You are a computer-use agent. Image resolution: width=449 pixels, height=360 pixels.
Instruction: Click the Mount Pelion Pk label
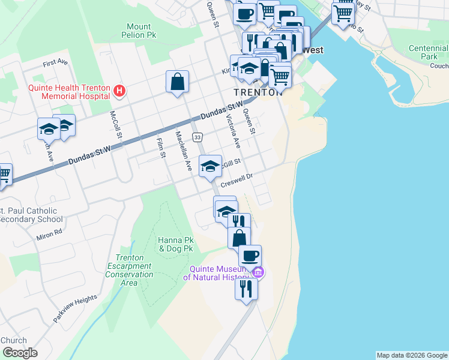click(x=139, y=31)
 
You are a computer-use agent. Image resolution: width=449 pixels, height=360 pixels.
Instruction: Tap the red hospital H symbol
click(x=119, y=91)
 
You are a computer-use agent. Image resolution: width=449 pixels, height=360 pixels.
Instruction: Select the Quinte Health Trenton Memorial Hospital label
click(x=68, y=91)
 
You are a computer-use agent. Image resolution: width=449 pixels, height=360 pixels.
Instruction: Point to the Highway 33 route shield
click(x=197, y=138)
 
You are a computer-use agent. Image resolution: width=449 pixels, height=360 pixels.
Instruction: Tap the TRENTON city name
click(x=258, y=93)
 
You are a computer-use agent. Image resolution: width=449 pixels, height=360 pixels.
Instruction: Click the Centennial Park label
click(x=428, y=52)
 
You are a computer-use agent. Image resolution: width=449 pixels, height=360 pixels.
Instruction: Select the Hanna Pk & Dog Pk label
click(x=175, y=244)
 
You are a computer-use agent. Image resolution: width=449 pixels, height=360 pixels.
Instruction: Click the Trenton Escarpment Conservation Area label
click(x=125, y=270)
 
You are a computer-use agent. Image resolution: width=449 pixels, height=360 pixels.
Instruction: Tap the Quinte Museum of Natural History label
click(x=220, y=273)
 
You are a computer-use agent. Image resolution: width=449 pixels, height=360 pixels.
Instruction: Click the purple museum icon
click(x=259, y=273)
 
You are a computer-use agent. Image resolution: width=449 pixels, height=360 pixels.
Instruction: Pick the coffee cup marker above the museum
click(x=250, y=256)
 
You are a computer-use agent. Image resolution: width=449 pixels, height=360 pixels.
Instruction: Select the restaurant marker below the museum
click(x=246, y=289)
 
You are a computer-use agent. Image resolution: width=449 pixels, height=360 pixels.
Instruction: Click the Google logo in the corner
click(x=19, y=353)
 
